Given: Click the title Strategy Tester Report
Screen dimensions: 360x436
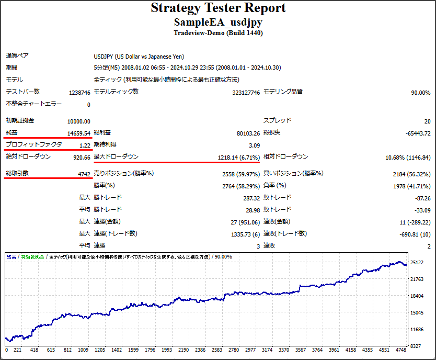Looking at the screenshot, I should [218, 8].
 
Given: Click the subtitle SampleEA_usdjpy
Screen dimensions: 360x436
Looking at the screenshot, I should [218, 22].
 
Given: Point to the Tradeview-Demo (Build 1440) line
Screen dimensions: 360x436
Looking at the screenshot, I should [218, 32].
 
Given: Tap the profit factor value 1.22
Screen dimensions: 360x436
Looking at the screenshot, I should [85, 145].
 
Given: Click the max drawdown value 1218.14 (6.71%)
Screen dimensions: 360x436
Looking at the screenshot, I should [238, 157].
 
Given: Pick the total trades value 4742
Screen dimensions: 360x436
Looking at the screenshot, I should [84, 174].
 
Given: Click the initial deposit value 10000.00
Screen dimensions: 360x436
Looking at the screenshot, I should [78, 121].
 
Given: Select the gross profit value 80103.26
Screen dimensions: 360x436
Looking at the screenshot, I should [248, 133].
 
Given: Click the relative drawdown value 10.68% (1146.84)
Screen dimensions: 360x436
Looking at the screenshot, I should [408, 157].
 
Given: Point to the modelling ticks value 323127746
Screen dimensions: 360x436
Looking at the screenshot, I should [246, 93].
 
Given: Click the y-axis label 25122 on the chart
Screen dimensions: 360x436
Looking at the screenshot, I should [417, 263].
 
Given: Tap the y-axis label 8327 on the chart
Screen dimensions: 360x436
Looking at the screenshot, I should [415, 346].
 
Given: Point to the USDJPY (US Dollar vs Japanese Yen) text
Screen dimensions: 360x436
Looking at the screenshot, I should [139, 57].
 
